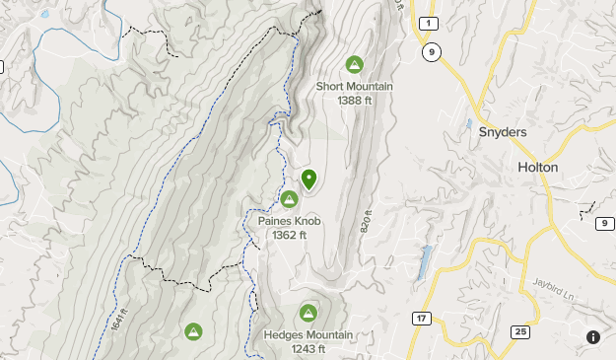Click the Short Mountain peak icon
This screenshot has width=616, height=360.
pos(354,65)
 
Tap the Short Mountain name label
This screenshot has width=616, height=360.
pos(355,86)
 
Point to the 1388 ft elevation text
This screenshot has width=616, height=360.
pos(355,100)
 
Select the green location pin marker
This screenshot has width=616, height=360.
pos(309,179)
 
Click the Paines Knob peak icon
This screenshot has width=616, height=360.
pos(289,199)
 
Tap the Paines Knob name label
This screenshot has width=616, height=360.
pos(290,221)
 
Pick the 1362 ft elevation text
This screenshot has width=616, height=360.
pos(290,235)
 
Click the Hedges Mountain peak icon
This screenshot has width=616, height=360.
pos(308,314)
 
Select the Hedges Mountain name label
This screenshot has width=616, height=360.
pos(308,335)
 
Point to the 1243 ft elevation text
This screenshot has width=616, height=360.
pos(308,349)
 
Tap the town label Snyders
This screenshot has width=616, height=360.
pos(502,132)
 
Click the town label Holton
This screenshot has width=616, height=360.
pos(537,168)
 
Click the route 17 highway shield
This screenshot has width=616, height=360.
pos(421,319)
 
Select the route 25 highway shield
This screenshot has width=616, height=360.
pos(518,330)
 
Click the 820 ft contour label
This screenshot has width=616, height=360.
pos(368,220)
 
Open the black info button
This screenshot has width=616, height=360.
pos(593,336)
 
